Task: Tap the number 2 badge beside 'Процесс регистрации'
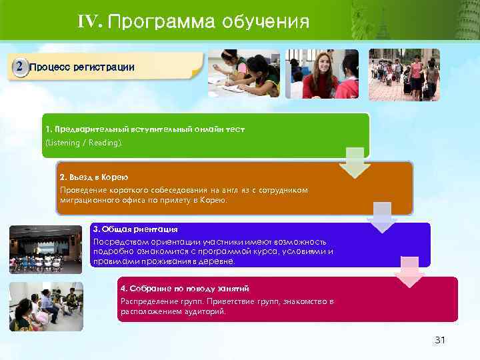pyautogui.click(x=21, y=67)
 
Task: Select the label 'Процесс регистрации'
pyautogui.click(x=82, y=67)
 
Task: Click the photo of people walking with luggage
pyautogui.click(x=404, y=74)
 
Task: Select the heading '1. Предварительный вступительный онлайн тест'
pyautogui.click(x=145, y=129)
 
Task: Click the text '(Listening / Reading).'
pyautogui.click(x=84, y=143)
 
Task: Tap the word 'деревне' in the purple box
pyautogui.click(x=219, y=261)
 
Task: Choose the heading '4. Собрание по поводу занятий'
pyautogui.click(x=184, y=289)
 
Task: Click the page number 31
pyautogui.click(x=439, y=341)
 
